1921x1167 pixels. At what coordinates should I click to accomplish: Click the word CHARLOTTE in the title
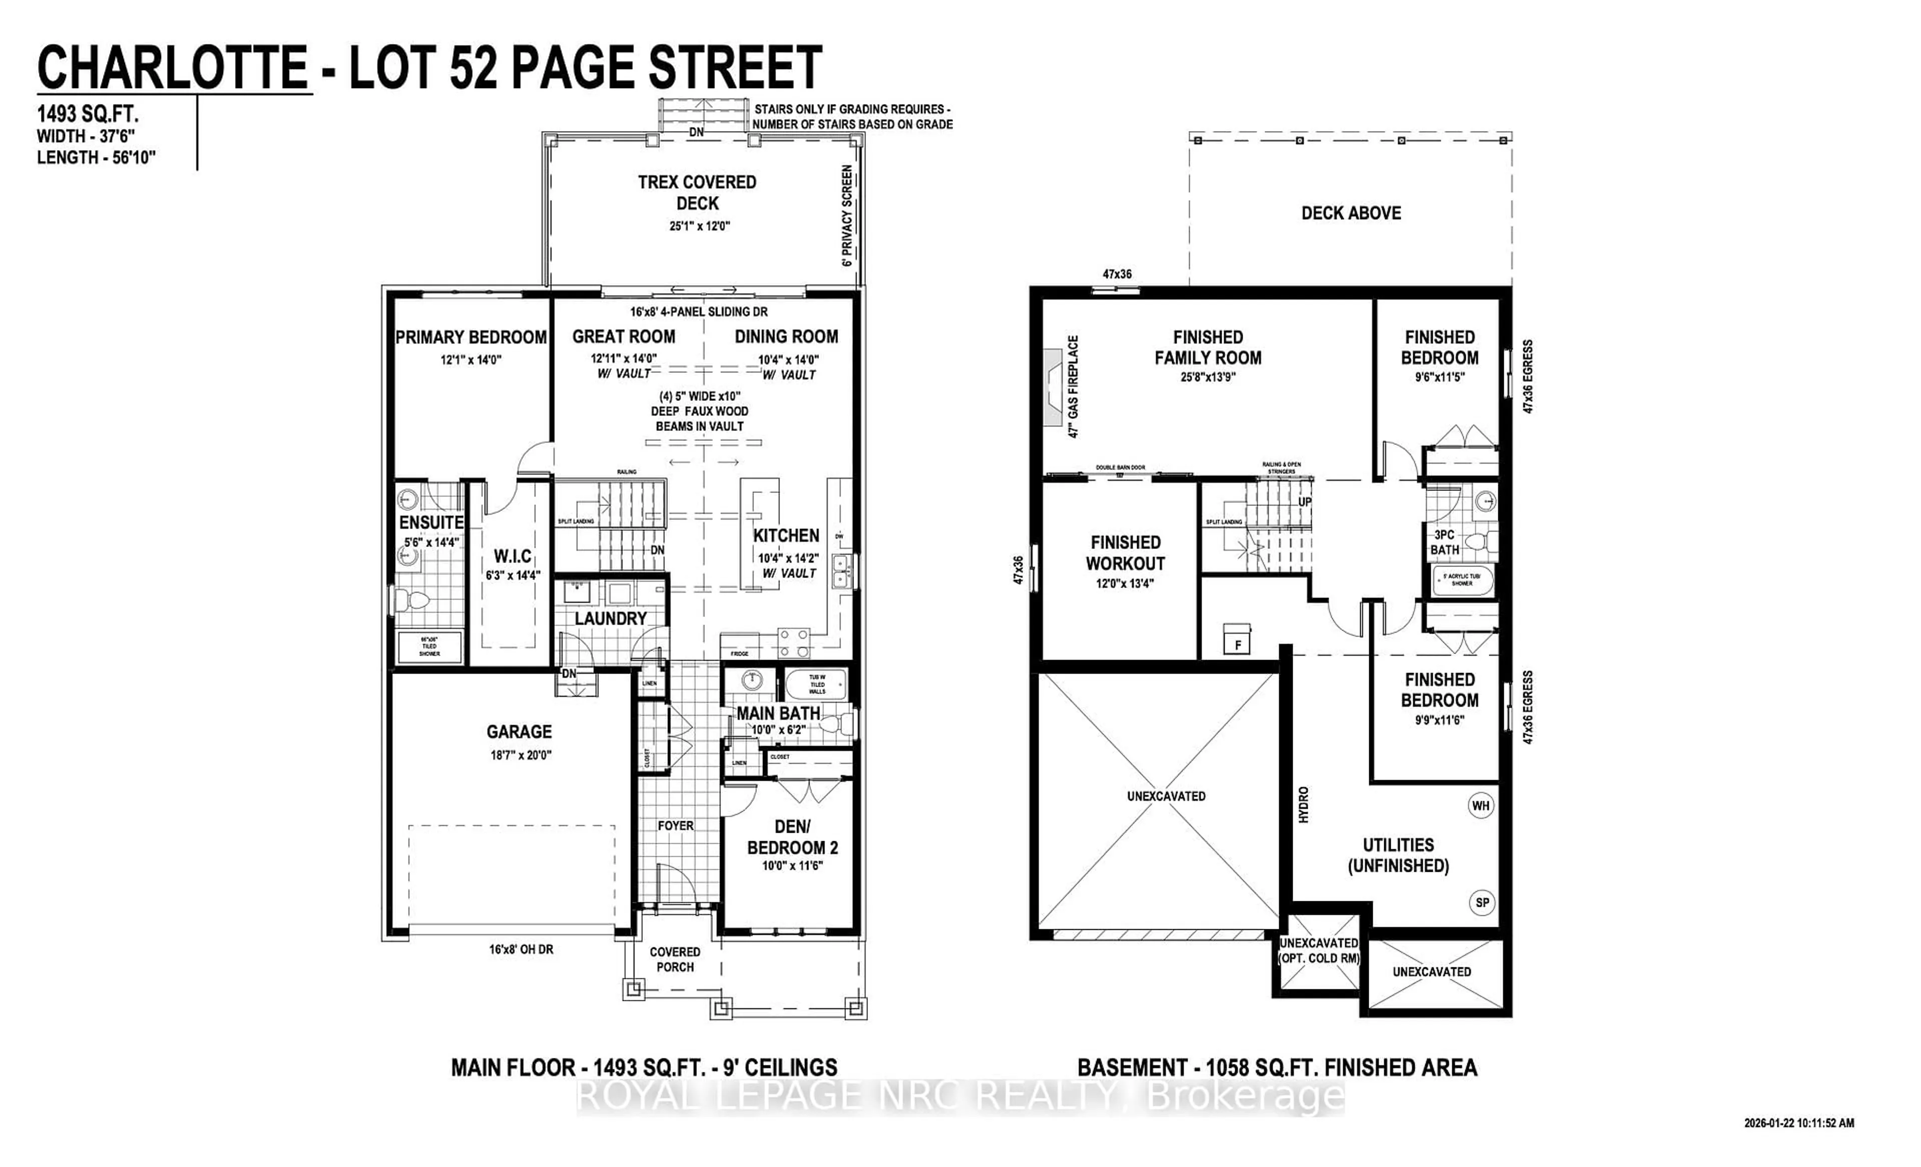(173, 69)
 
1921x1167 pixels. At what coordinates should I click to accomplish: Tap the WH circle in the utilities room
(1480, 806)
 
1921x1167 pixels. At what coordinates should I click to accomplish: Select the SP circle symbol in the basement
(1481, 903)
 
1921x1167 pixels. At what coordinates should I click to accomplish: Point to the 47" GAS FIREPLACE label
(1074, 386)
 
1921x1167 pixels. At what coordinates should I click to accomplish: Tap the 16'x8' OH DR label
(521, 949)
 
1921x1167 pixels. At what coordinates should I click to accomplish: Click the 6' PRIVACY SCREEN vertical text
(847, 215)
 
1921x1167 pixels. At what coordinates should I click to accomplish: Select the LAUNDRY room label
(610, 618)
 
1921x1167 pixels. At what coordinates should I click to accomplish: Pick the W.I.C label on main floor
(512, 556)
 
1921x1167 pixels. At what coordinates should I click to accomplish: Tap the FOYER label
(675, 825)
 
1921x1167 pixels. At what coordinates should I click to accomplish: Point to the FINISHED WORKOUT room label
(1125, 552)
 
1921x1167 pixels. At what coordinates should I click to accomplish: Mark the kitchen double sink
(841, 571)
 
